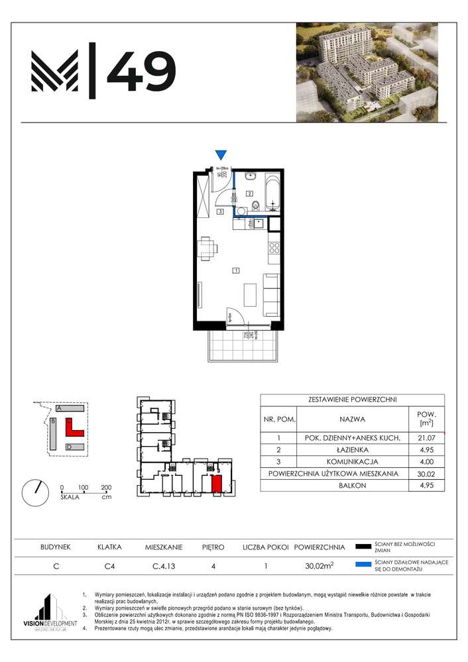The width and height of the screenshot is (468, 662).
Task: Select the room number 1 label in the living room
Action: click(x=235, y=270)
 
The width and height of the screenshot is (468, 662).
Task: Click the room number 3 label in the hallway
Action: click(x=219, y=212)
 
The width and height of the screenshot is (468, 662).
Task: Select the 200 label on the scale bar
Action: click(x=105, y=488)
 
